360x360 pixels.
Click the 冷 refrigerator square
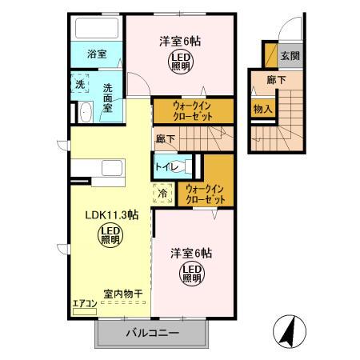click(162, 193)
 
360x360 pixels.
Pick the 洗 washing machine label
click(80, 84)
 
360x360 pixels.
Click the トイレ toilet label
click(166, 167)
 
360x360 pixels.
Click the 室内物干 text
click(122, 293)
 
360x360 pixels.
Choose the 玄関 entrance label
click(290, 56)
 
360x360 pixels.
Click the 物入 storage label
click(261, 108)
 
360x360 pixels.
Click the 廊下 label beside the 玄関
click(277, 80)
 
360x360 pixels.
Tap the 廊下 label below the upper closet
click(166, 138)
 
